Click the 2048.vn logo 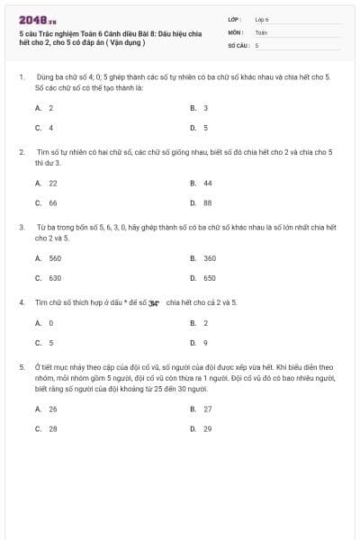click(37, 18)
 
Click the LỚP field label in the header click(235, 19)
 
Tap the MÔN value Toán click(261, 31)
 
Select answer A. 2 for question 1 click(44, 108)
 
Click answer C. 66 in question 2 click(47, 202)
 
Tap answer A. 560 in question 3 click(49, 258)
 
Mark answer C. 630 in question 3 click(49, 278)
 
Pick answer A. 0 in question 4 click(44, 322)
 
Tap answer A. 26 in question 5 click(47, 409)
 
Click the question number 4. click(22, 302)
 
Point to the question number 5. click(22, 367)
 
